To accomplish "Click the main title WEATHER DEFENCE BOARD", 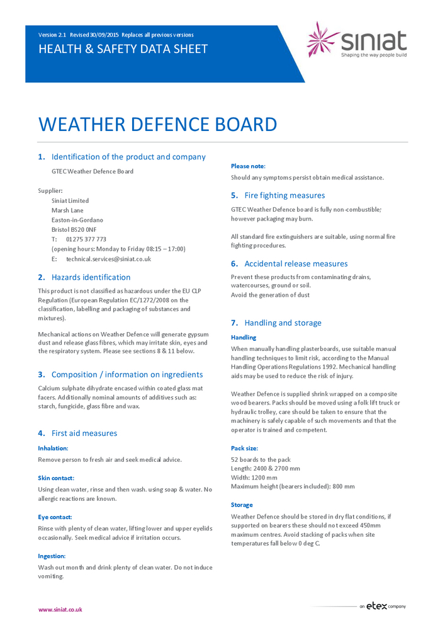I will (157, 124).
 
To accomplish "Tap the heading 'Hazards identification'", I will (91, 277).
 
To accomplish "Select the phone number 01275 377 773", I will (86, 239).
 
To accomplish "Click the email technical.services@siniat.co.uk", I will (108, 259).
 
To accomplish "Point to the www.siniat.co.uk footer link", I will (60, 609).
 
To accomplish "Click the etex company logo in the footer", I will (383, 607).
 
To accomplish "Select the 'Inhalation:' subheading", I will (53, 448).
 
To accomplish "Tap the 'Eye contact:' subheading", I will (55, 517).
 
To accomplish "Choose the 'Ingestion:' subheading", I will (52, 556).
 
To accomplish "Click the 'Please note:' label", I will (248, 166).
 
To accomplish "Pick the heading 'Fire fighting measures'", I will (284, 195).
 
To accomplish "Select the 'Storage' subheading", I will (242, 505).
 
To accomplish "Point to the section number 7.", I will (234, 323).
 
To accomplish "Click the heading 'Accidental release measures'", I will (296, 264).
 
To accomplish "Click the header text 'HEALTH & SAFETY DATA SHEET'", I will (123, 49).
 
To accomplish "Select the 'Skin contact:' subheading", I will (56, 478).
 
